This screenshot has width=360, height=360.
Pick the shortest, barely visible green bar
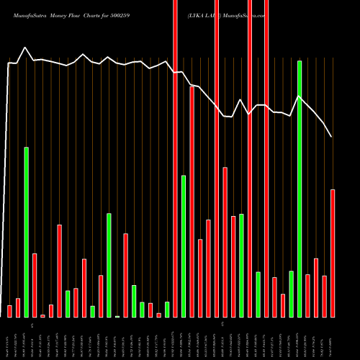coord(117,316)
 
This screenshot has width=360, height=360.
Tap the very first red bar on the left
coord(9,311)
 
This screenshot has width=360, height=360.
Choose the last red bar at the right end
coord(333,253)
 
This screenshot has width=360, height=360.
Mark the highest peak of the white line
coord(26,48)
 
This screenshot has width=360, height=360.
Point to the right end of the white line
coord(332,137)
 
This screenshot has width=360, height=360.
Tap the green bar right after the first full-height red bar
coord(184,246)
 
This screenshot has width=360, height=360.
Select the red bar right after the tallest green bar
coord(307,295)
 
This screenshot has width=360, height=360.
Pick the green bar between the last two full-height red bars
coord(258,294)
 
